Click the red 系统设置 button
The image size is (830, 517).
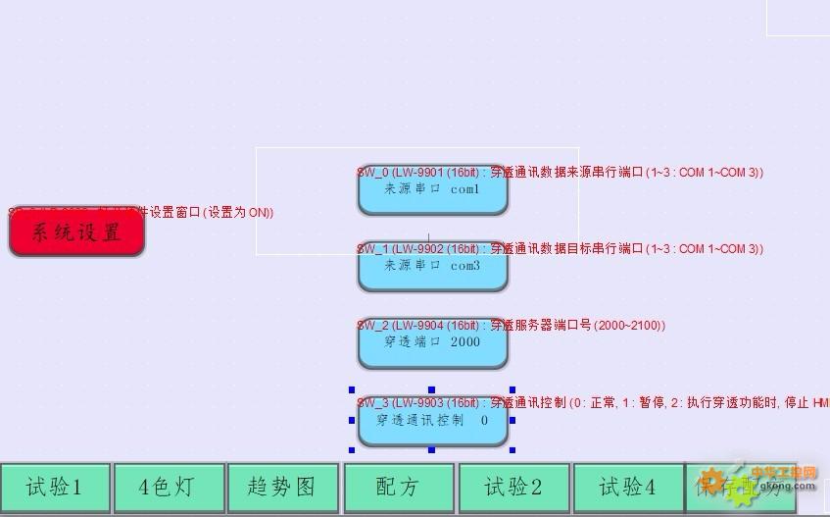(x=76, y=233)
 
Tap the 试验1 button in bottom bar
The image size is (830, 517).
(x=55, y=488)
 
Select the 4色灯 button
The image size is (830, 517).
(x=169, y=488)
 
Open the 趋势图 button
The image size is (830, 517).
(x=282, y=488)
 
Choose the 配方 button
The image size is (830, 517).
(x=398, y=488)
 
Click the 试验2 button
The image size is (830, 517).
(x=513, y=488)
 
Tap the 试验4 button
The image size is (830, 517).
(x=627, y=488)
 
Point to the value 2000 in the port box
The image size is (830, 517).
(x=465, y=342)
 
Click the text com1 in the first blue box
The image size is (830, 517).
(x=465, y=189)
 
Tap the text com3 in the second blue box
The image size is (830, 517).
(x=465, y=266)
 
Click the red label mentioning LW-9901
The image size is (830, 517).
(x=560, y=173)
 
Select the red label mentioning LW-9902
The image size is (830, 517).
(x=560, y=249)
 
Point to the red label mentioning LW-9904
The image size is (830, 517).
(x=511, y=326)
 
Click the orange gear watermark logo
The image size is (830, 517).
(x=713, y=482)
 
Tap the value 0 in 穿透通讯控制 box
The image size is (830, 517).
(x=484, y=420)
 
